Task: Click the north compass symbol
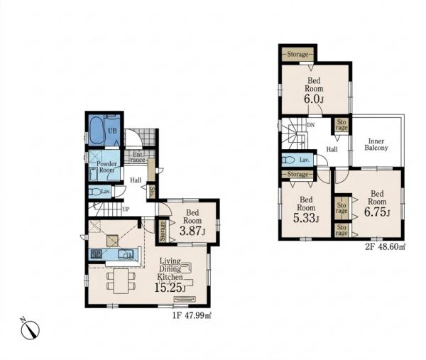pyautogui.click(x=30, y=329)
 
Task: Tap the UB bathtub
pyautogui.click(x=97, y=131)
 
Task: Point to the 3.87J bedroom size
pyautogui.click(x=192, y=231)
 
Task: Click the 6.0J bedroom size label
pyautogui.click(x=314, y=99)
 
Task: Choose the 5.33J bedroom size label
pyautogui.click(x=306, y=218)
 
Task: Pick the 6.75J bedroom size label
pyautogui.click(x=377, y=212)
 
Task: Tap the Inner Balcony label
pyautogui.click(x=376, y=145)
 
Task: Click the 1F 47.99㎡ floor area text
pyautogui.click(x=192, y=316)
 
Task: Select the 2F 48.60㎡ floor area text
pyautogui.click(x=386, y=246)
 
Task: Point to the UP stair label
pyautogui.click(x=126, y=209)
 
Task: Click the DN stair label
pyautogui.click(x=311, y=125)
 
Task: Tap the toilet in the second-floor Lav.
pyautogui.click(x=288, y=160)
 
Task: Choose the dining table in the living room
pyautogui.click(x=121, y=281)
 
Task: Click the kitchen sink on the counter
pyautogui.click(x=126, y=254)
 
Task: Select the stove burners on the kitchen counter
pyautogui.click(x=96, y=254)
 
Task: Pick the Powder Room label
pyautogui.click(x=106, y=167)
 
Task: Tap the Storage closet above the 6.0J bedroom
pyautogui.click(x=297, y=55)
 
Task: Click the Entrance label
pyautogui.click(x=138, y=157)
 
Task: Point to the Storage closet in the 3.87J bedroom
pyautogui.click(x=163, y=231)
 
